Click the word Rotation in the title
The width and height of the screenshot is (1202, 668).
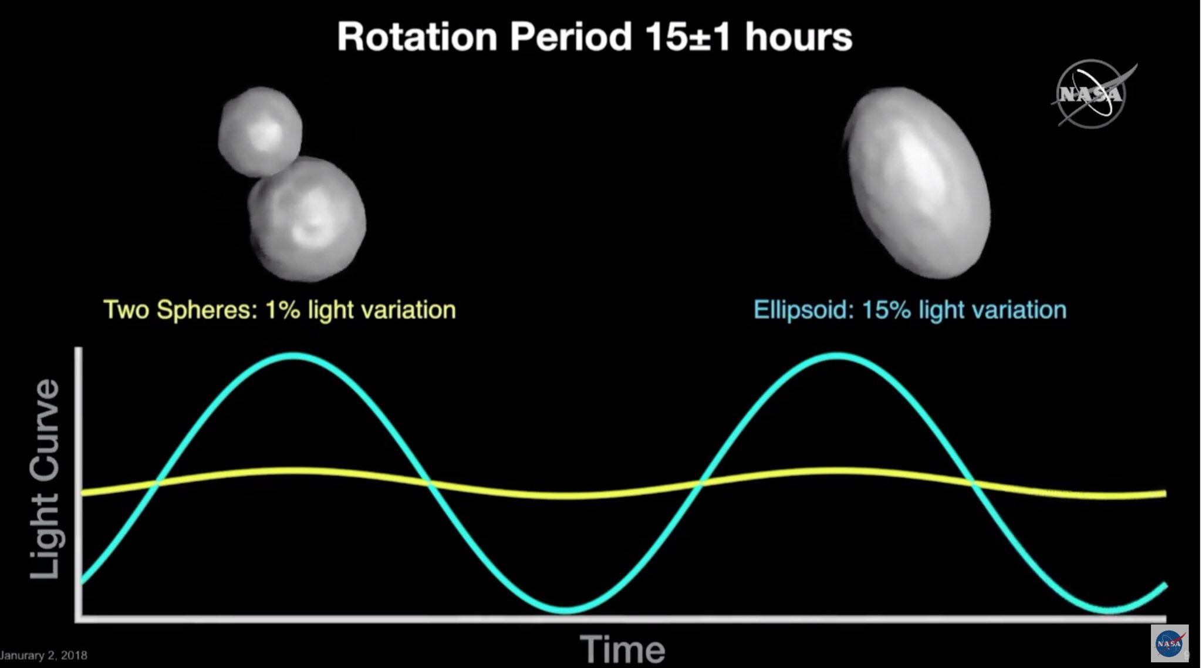pyautogui.click(x=417, y=37)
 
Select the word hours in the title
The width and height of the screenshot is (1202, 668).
pyautogui.click(x=799, y=37)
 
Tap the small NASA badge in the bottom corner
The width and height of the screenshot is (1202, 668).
pyautogui.click(x=1169, y=644)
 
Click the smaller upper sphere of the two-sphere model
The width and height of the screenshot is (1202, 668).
pyautogui.click(x=260, y=131)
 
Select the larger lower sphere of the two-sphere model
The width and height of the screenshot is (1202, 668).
pyautogui.click(x=306, y=218)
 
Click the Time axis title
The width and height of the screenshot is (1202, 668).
pyautogui.click(x=623, y=649)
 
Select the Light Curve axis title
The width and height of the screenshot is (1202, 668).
pyautogui.click(x=45, y=479)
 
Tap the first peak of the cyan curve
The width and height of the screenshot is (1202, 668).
pyautogui.click(x=293, y=356)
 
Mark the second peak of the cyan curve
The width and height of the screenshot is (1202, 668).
pyautogui.click(x=837, y=356)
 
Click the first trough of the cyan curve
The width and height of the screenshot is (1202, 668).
pyautogui.click(x=566, y=610)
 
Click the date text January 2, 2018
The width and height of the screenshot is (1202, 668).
pyautogui.click(x=43, y=655)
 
